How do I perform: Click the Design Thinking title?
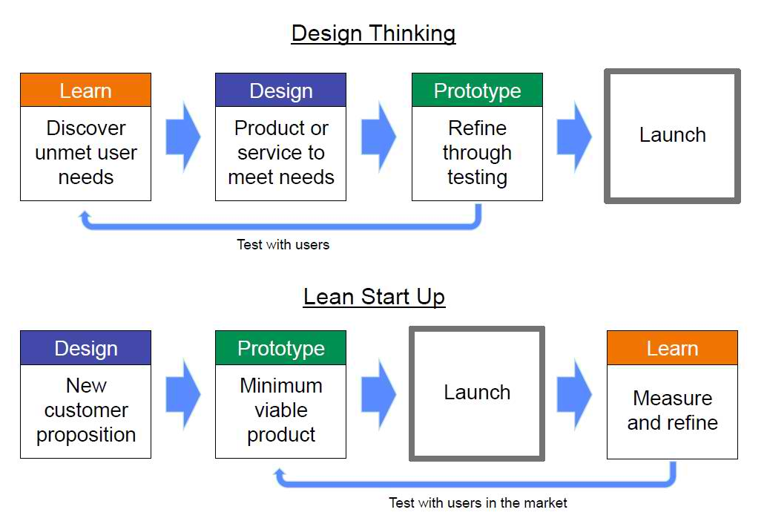(x=373, y=33)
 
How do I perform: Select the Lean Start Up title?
(x=374, y=297)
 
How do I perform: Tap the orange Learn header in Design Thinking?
(x=85, y=91)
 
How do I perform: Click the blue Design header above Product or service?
(x=280, y=91)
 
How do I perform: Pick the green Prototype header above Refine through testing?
(x=477, y=91)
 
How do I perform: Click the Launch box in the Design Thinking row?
(x=672, y=136)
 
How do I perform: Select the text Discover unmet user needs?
(x=85, y=153)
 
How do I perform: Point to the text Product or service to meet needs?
(x=280, y=153)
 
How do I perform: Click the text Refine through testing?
(x=477, y=153)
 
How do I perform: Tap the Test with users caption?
(x=283, y=244)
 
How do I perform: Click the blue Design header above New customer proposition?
(x=85, y=348)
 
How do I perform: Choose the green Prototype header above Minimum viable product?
(x=280, y=348)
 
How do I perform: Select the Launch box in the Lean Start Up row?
(x=477, y=393)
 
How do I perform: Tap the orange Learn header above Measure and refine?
(x=672, y=348)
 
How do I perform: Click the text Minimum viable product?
(x=280, y=410)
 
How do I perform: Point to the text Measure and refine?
(x=672, y=410)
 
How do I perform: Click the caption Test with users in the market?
(x=478, y=502)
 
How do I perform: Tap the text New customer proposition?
(x=85, y=410)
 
